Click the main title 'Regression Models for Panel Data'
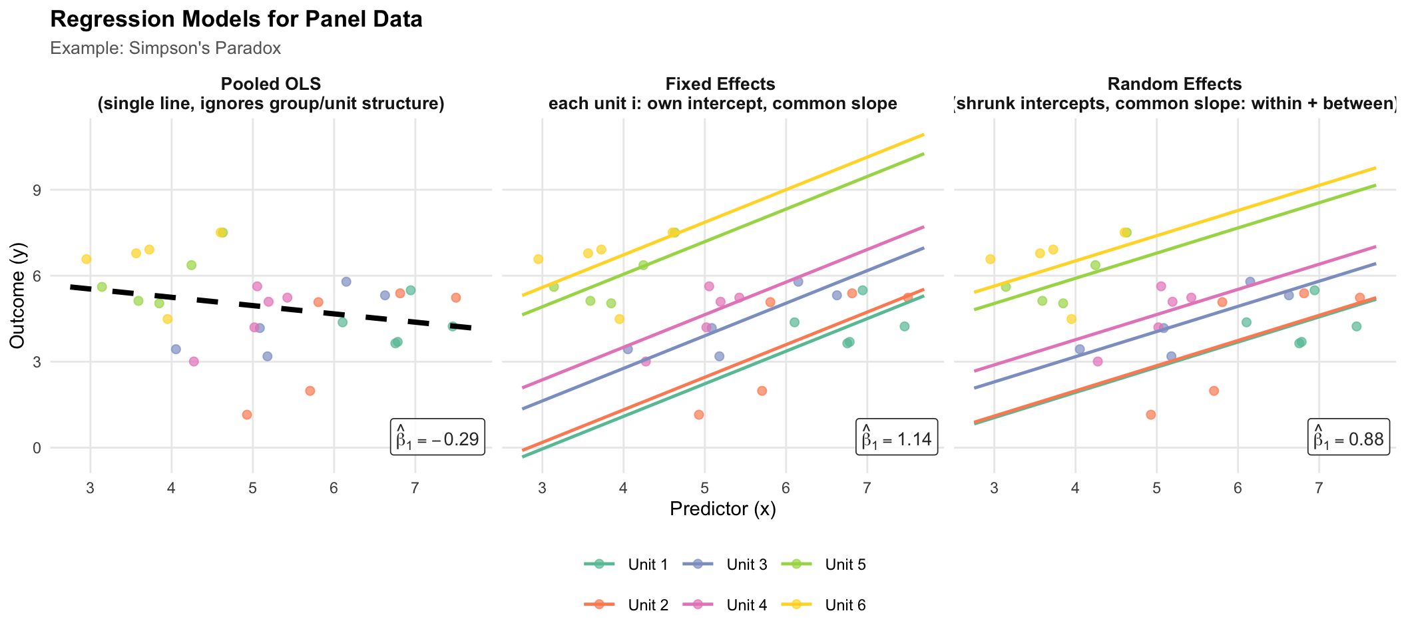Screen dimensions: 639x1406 pyautogui.click(x=236, y=19)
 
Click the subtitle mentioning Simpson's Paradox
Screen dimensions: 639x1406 pyautogui.click(x=165, y=49)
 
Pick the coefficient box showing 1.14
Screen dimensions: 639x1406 pyautogui.click(x=897, y=437)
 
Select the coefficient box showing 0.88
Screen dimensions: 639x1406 pyautogui.click(x=1348, y=437)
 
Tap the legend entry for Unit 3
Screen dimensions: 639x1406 pyautogui.click(x=725, y=565)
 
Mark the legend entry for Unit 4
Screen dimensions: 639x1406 pyautogui.click(x=725, y=605)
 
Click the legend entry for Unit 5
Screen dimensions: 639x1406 pyautogui.click(x=823, y=565)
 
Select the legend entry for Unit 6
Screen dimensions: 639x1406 pyautogui.click(x=823, y=605)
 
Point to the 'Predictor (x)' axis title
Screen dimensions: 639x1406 pyautogui.click(x=722, y=510)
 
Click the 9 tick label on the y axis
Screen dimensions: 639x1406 pyautogui.click(x=37, y=190)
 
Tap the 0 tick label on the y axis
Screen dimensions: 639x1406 pyautogui.click(x=37, y=448)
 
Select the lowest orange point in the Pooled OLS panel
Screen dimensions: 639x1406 pyautogui.click(x=247, y=415)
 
